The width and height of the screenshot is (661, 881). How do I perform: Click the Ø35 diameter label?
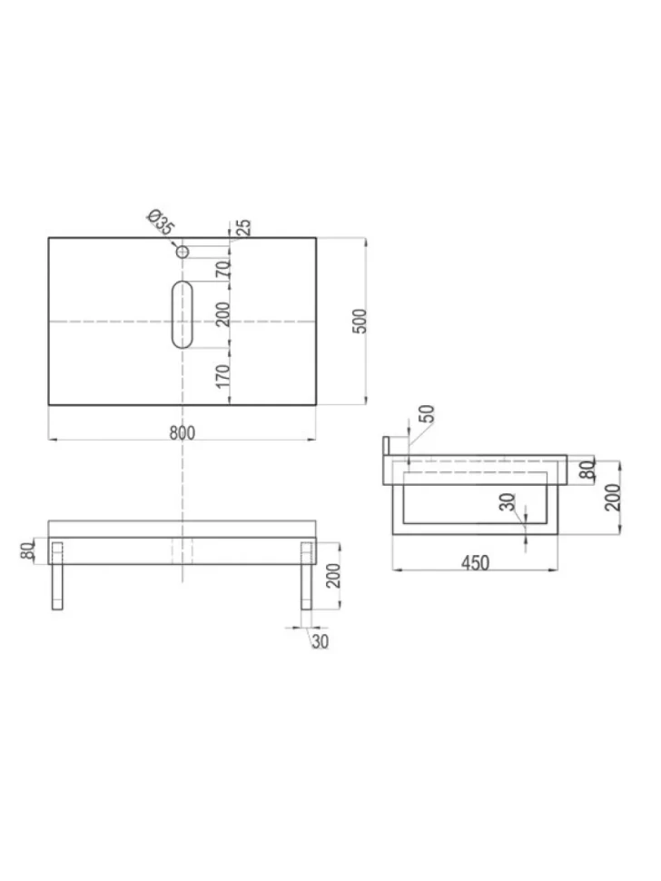coord(162,222)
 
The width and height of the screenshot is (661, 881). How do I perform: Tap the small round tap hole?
coord(182,252)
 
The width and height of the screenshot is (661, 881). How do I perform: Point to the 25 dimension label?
coord(244,227)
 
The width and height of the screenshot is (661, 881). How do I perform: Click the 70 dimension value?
coord(223,269)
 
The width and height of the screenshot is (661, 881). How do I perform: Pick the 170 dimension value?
coord(223,376)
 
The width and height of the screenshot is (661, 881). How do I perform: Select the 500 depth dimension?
coord(360,321)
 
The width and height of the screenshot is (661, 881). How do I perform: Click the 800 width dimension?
coord(183,432)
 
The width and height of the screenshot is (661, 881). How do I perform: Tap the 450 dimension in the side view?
coord(475,562)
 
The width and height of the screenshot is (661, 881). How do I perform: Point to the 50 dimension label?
coord(428,413)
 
